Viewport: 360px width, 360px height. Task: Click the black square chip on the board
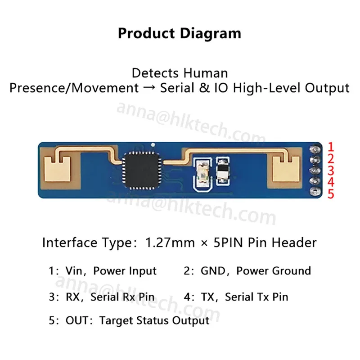(142, 171)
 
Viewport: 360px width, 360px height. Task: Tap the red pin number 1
(331, 147)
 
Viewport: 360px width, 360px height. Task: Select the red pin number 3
(331, 171)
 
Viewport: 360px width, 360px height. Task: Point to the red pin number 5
(331, 194)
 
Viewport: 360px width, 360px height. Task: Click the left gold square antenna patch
(57, 169)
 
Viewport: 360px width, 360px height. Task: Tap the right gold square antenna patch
(286, 169)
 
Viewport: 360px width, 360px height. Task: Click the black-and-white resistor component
(223, 171)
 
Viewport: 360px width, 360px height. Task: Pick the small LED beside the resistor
(202, 173)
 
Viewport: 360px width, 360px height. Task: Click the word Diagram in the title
(211, 34)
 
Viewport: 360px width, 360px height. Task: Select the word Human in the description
(206, 73)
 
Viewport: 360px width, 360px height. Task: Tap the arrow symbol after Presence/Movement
(149, 88)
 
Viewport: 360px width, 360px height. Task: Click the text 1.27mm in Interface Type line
(170, 243)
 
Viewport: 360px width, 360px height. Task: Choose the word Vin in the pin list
(74, 271)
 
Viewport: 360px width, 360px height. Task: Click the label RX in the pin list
(73, 297)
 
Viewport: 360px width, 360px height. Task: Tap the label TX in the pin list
(208, 297)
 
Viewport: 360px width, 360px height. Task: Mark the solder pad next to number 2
(315, 160)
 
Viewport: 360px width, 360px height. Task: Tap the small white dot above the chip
(153, 145)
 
